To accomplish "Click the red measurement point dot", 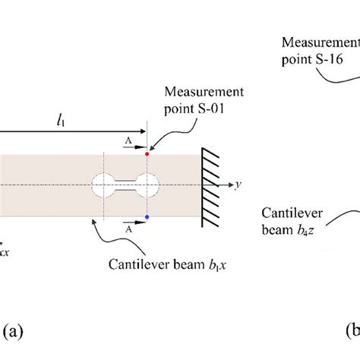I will pyautogui.click(x=147, y=154).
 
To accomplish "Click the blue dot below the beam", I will pyautogui.click(x=147, y=218).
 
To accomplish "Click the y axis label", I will pyautogui.click(x=237, y=184).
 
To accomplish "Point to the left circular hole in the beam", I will pyautogui.click(x=103, y=185).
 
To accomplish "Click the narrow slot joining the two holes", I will pyautogui.click(x=125, y=185).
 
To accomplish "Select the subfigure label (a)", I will pyautogui.click(x=15, y=330).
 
